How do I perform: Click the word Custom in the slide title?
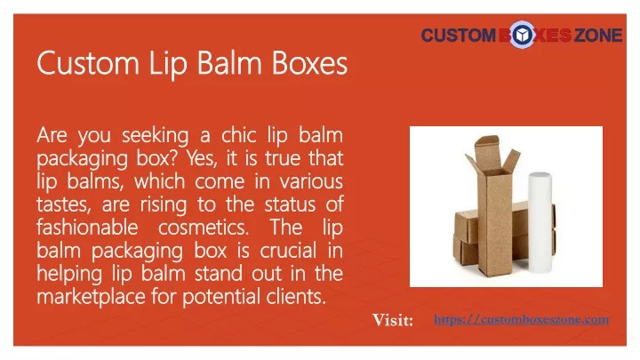coord(88,63)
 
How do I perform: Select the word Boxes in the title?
coord(310,63)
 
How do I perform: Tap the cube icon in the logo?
coord(522,35)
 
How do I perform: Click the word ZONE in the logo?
coord(598,35)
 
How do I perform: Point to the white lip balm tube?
coord(540,222)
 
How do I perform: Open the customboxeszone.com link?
coord(521,319)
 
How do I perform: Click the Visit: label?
coord(393,320)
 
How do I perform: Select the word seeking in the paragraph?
coord(156,136)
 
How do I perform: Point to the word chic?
coord(239,135)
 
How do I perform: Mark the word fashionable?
coord(87,227)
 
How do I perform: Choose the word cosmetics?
coord(204,228)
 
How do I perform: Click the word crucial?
coord(288,250)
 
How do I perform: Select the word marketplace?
coord(91,297)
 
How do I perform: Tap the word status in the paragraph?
coord(290,204)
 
